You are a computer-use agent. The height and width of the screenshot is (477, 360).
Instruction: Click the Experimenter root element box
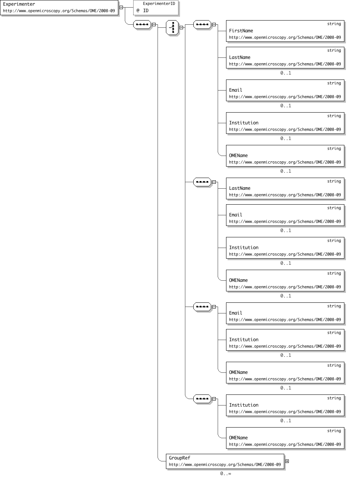click(x=59, y=8)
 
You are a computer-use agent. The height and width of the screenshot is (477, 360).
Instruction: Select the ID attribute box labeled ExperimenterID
click(x=156, y=8)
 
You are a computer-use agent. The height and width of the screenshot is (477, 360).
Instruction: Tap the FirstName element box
click(x=285, y=31)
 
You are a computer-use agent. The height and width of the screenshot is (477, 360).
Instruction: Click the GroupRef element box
click(x=225, y=461)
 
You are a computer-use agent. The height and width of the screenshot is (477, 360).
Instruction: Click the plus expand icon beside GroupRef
click(x=287, y=461)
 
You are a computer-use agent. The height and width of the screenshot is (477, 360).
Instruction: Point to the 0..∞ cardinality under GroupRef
click(x=225, y=473)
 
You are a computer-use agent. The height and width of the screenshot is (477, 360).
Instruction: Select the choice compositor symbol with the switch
click(x=172, y=28)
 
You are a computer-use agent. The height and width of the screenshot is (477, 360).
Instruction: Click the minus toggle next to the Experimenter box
click(x=121, y=7)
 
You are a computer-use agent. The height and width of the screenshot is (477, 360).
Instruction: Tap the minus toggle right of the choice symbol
click(x=181, y=28)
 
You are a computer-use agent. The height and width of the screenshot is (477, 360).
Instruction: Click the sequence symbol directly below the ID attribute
click(x=142, y=25)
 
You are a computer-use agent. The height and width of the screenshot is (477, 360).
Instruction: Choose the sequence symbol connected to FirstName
click(x=202, y=25)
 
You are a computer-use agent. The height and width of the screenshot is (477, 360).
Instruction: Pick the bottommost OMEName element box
click(x=285, y=438)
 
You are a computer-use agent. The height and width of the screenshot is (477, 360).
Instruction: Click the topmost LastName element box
click(x=285, y=57)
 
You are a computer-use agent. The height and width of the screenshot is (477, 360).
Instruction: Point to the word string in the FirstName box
click(x=334, y=24)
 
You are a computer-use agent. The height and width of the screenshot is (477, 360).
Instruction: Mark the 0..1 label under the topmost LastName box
click(x=285, y=73)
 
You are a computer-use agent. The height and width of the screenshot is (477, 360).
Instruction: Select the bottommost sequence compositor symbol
click(x=202, y=399)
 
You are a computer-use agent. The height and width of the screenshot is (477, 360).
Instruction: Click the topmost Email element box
click(x=285, y=90)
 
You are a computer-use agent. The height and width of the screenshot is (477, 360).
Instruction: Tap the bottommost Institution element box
click(x=285, y=405)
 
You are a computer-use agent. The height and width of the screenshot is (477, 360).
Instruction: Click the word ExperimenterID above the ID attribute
click(x=159, y=4)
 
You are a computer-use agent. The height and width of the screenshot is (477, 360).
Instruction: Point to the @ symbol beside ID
click(x=138, y=10)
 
